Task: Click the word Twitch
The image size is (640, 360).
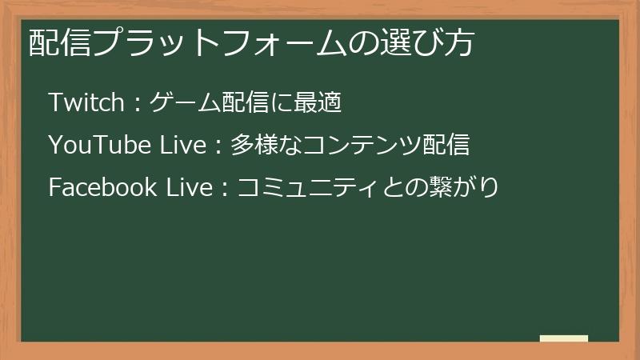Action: [x=86, y=102]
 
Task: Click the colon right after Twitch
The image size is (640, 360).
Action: [x=138, y=104]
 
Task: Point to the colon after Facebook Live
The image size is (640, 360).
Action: [x=226, y=189]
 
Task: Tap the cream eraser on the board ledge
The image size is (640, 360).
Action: [x=563, y=338]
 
